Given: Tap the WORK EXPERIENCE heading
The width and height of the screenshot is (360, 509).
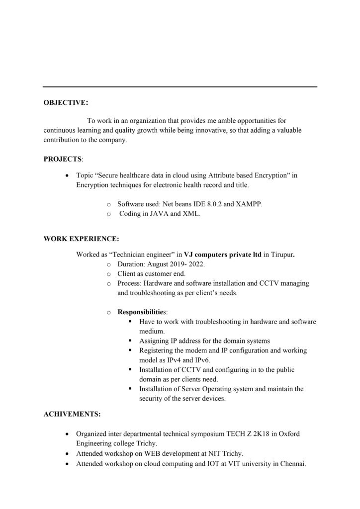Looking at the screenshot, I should tap(81, 239).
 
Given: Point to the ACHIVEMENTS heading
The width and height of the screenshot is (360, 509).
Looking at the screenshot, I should tap(72, 414).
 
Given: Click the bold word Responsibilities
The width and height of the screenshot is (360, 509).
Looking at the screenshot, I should tap(141, 312).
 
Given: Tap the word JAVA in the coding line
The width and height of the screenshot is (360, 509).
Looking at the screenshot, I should tap(156, 214).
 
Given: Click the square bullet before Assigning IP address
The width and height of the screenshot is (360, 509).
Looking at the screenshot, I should tap(130, 340).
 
